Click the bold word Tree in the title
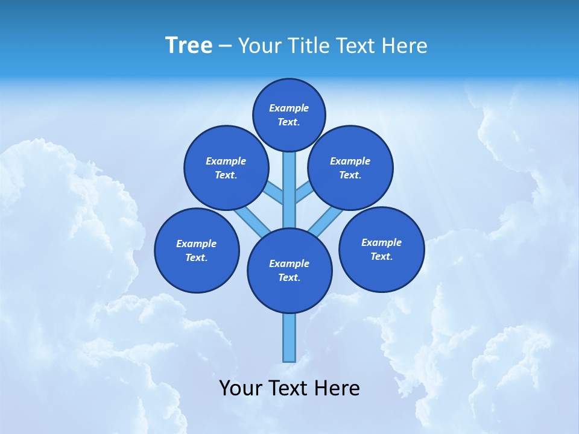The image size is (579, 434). coord(189,45)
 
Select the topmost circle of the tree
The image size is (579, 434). coord(289,115)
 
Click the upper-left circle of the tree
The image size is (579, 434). coord(226,168)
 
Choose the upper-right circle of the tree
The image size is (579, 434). coord(350,168)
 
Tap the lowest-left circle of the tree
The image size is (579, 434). coord(197,250)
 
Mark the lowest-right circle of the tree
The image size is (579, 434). coord(382,249)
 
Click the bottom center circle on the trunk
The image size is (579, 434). coord(289,270)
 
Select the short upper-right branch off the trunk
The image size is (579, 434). coord(303,192)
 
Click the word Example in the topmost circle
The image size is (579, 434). coord(289,108)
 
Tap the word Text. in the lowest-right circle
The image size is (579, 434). coord(382,256)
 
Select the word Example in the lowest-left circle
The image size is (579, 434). coord(197,244)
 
